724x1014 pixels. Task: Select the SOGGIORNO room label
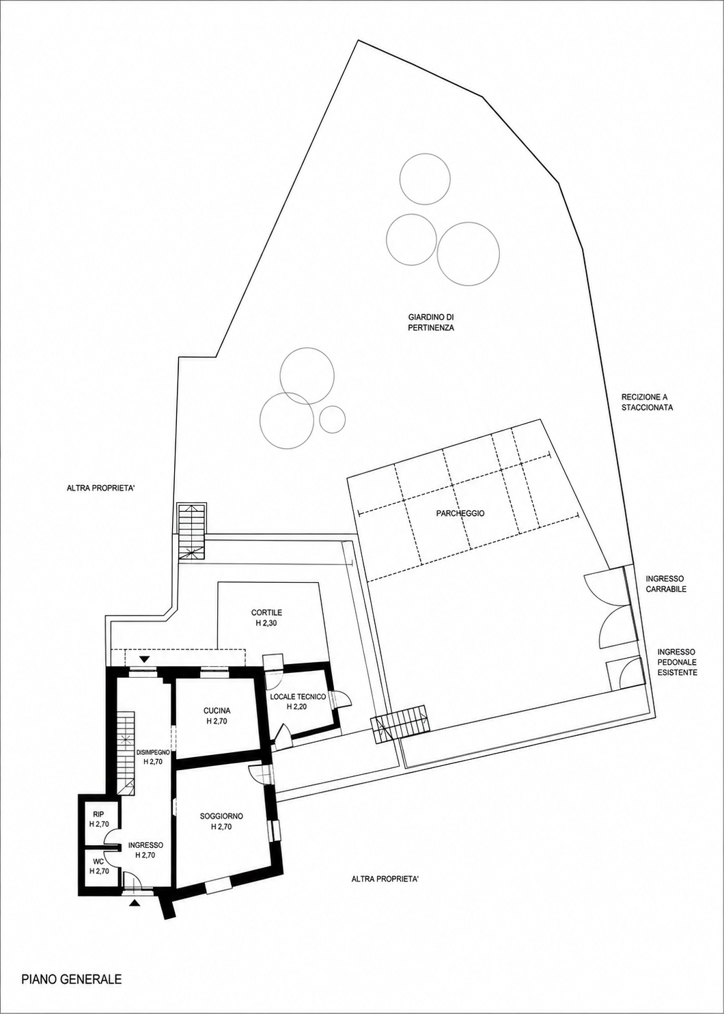tap(222, 816)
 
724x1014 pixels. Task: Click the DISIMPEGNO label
tap(153, 752)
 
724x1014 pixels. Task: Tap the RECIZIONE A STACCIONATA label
tap(647, 402)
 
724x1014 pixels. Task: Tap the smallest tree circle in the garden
tap(333, 419)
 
